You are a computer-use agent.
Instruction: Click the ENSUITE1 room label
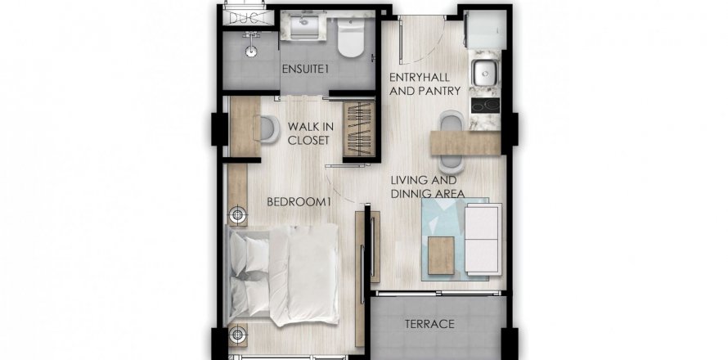tap(305, 70)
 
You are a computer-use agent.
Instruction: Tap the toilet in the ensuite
tap(350, 38)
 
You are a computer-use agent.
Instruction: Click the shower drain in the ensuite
tap(251, 52)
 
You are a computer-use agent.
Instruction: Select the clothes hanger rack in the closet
tap(358, 129)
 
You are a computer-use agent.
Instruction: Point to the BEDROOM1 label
tap(299, 201)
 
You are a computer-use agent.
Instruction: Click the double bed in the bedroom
tap(282, 274)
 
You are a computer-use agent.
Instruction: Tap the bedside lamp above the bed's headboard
tap(238, 215)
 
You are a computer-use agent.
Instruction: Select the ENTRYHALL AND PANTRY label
tap(425, 84)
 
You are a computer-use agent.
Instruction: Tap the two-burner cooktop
tap(485, 105)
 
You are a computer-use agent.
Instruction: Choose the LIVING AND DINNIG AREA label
tap(428, 187)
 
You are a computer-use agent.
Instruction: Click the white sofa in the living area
tap(483, 239)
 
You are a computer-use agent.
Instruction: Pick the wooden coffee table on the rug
tap(441, 255)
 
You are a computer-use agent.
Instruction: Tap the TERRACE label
tap(429, 324)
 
